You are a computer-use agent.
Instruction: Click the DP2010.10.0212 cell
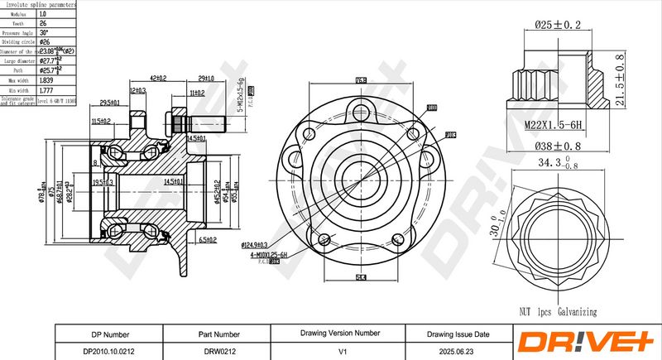click(x=108, y=350)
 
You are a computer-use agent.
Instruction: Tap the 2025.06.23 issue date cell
click(x=458, y=350)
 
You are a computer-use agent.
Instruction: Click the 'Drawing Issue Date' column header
click(x=458, y=334)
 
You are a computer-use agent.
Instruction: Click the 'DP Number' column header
click(x=108, y=334)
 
